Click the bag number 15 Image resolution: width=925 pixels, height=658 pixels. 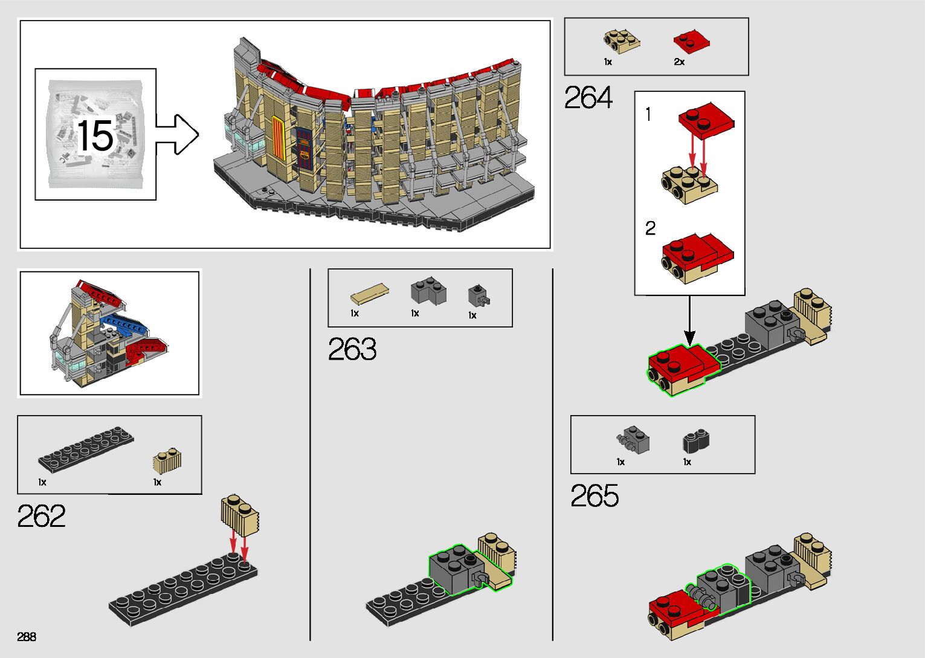click(95, 135)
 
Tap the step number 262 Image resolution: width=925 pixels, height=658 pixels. click(41, 516)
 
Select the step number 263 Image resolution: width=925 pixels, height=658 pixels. click(352, 349)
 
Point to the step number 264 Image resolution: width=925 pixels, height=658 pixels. click(588, 98)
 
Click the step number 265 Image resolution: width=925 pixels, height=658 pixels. click(595, 496)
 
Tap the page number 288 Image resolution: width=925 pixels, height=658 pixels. click(27, 636)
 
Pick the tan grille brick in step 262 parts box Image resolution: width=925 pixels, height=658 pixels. click(167, 461)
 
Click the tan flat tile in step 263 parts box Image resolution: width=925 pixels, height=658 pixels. click(369, 294)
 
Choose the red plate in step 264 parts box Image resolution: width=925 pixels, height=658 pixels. click(691, 42)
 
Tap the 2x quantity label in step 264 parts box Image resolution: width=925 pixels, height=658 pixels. click(679, 62)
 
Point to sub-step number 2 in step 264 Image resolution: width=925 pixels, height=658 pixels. click(650, 228)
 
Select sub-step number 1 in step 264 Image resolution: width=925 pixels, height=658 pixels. click(648, 114)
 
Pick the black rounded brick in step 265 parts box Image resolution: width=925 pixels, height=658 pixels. click(696, 441)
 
